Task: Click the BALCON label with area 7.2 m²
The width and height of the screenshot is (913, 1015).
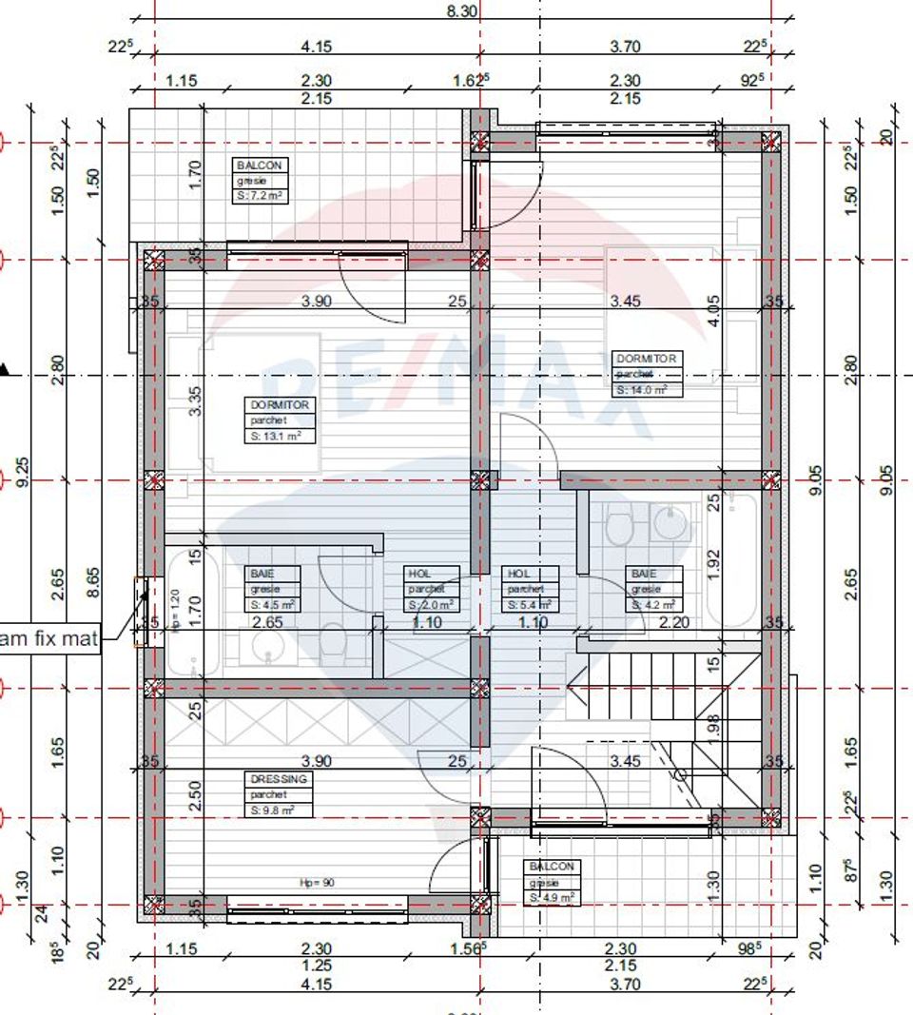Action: [x=260, y=181]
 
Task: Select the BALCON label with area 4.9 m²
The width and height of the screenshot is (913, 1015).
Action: [x=553, y=882]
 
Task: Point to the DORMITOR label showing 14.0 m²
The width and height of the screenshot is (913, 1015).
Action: [x=647, y=374]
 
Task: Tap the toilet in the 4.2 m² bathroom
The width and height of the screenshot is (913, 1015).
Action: [x=618, y=527]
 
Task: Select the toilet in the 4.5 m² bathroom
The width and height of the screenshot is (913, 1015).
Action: [x=334, y=645]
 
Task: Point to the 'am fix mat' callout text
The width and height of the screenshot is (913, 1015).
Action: [x=49, y=638]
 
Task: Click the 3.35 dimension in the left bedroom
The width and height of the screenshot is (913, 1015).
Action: [x=195, y=400]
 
